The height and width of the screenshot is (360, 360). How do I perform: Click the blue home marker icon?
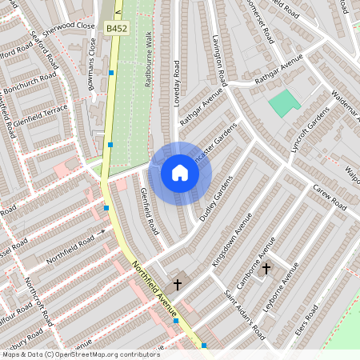pyautogui.click(x=180, y=173)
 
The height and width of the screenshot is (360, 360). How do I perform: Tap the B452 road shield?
pyautogui.click(x=115, y=29)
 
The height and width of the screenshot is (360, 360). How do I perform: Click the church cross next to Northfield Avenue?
pyautogui.click(x=177, y=283)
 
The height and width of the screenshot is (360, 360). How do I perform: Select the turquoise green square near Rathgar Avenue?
pyautogui.click(x=282, y=102)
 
